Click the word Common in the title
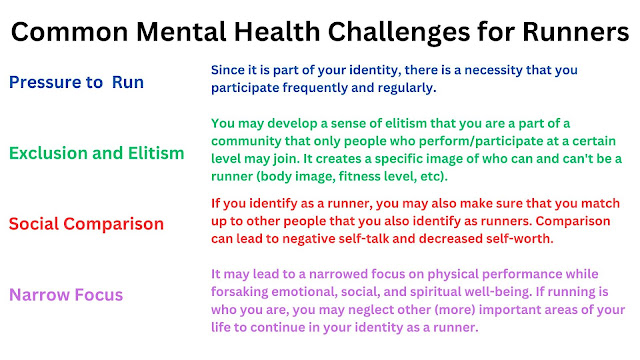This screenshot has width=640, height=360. [x=69, y=32]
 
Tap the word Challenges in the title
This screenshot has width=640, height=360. [x=399, y=33]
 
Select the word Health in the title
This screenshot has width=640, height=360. [x=277, y=32]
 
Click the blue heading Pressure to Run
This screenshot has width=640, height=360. [x=76, y=82]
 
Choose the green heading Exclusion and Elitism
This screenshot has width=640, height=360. [x=97, y=153]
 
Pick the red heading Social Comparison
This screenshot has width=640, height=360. [x=86, y=224]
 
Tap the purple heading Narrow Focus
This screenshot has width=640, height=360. [x=66, y=295]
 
